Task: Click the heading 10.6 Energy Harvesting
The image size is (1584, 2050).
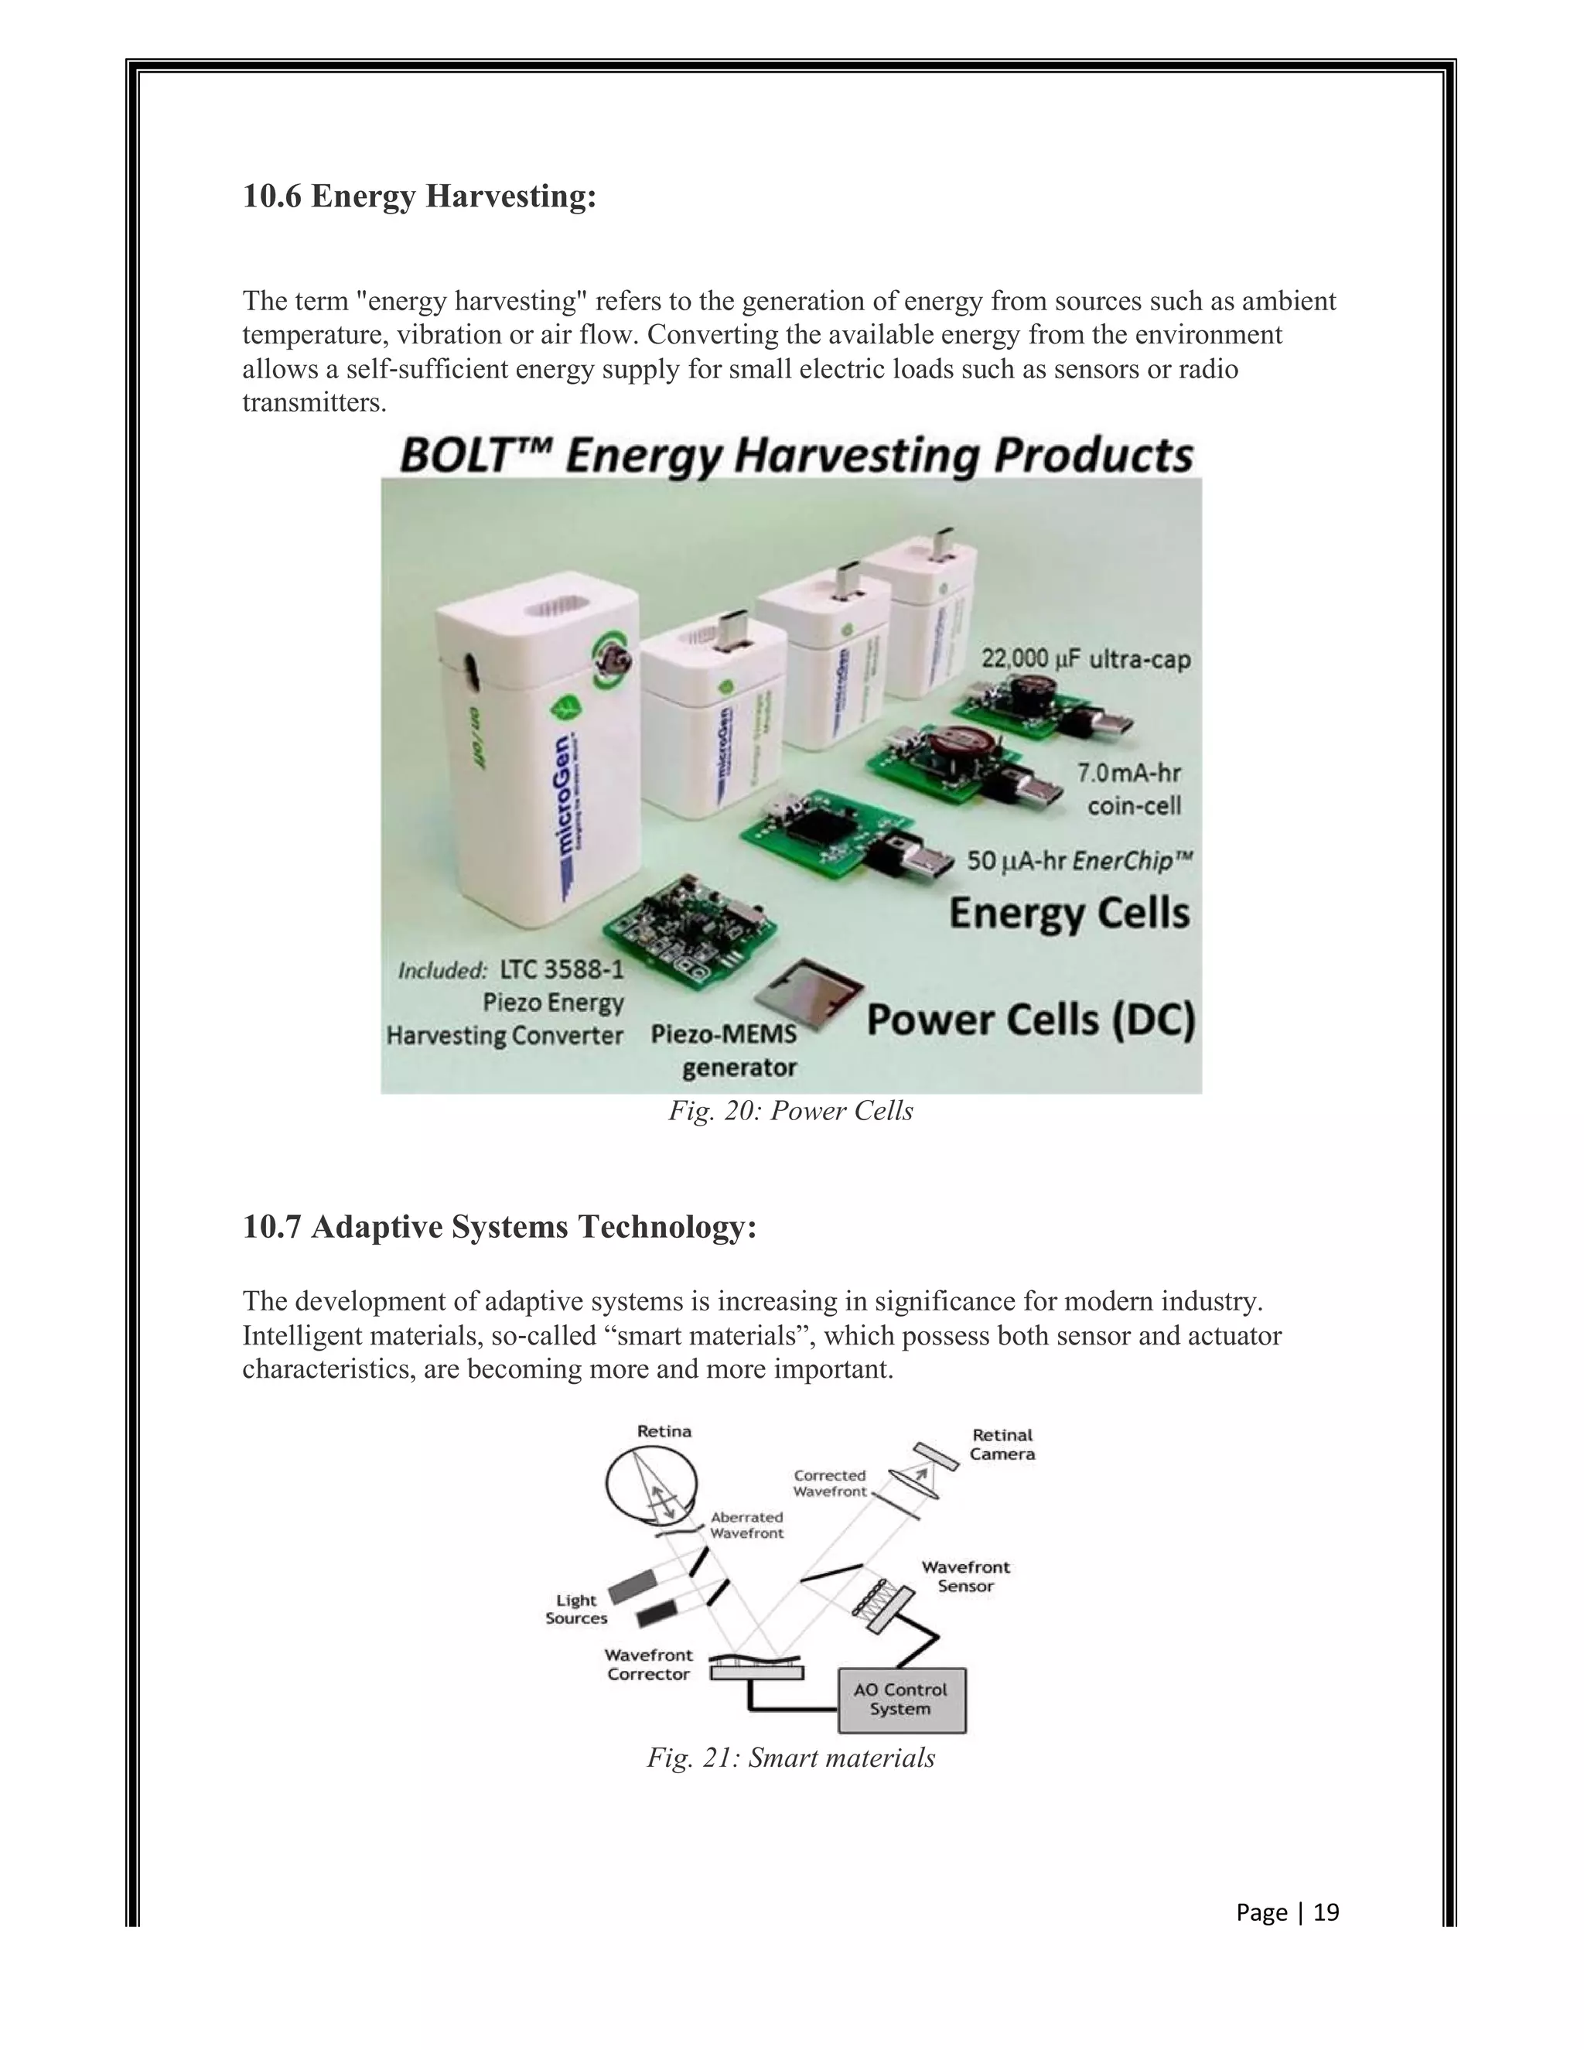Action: pyautogui.click(x=419, y=197)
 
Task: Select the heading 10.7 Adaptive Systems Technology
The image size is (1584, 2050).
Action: pyautogui.click(x=499, y=1227)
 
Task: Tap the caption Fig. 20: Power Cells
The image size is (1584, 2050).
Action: pyautogui.click(x=790, y=1112)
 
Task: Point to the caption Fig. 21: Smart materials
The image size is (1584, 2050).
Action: pyautogui.click(x=790, y=1758)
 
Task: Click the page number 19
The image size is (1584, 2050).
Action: pyautogui.click(x=1325, y=1912)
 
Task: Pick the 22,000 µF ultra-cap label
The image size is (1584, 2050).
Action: pyautogui.click(x=1086, y=659)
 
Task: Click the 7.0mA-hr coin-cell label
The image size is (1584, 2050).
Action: pyautogui.click(x=1129, y=789)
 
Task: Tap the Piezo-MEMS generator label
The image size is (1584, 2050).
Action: pyautogui.click(x=725, y=1051)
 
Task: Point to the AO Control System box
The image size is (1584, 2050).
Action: pyautogui.click(x=901, y=1700)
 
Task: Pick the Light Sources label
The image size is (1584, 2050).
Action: pyautogui.click(x=576, y=1609)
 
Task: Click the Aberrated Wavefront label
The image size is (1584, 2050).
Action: pyautogui.click(x=747, y=1525)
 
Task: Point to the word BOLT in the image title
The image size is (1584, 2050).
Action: pyautogui.click(x=455, y=457)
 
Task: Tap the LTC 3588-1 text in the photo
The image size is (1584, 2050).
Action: pyautogui.click(x=562, y=969)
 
